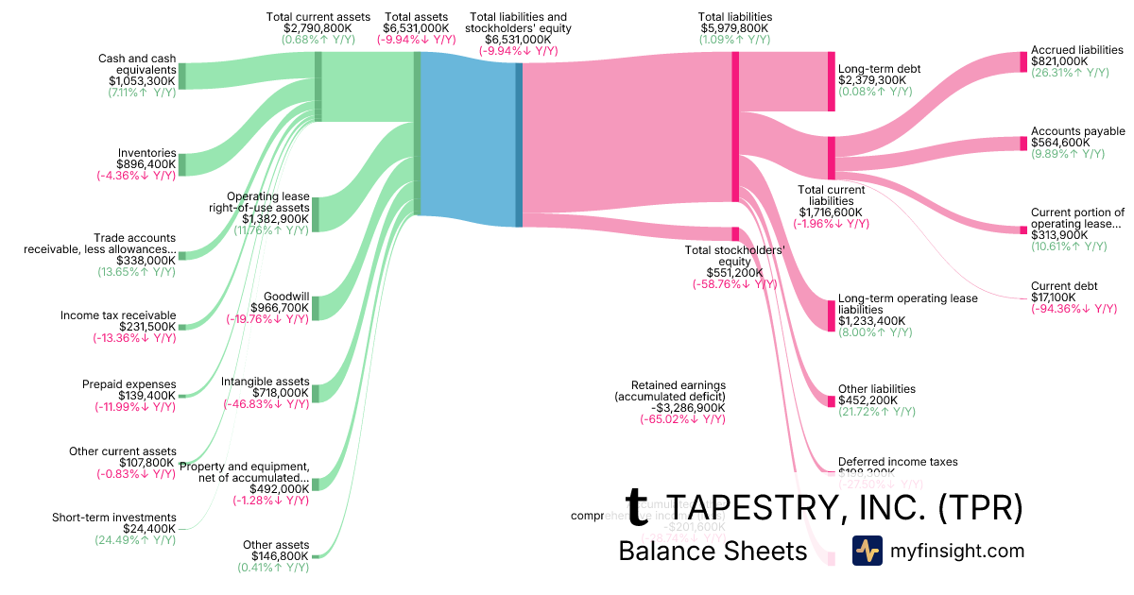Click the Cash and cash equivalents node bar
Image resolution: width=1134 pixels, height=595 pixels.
[182, 76]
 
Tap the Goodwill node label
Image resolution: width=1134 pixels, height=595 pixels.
[285, 296]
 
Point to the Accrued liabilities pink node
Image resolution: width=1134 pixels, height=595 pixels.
[1022, 62]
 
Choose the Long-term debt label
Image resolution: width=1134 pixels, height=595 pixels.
[879, 69]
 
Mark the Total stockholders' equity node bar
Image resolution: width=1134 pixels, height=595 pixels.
[734, 233]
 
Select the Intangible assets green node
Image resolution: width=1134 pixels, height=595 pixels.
[316, 392]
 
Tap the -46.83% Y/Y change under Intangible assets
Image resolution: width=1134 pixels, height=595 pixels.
[266, 404]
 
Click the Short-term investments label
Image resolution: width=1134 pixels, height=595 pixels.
[113, 518]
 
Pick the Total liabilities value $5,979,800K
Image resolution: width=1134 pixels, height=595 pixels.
[734, 28]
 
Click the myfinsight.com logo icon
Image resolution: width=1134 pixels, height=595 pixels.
[867, 551]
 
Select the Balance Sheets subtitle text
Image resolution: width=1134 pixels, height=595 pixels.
[713, 552]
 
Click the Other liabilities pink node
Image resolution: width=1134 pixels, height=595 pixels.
[832, 401]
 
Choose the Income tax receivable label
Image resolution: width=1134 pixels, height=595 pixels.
[118, 315]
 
